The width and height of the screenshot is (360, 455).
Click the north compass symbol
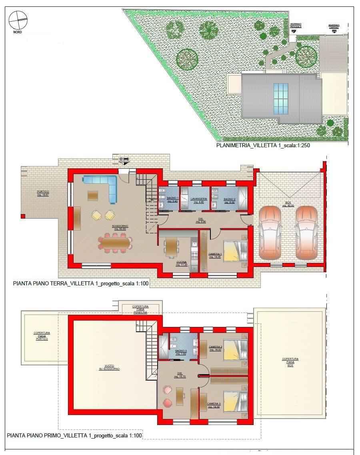(18, 20)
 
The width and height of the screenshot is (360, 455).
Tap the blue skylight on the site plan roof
(280, 98)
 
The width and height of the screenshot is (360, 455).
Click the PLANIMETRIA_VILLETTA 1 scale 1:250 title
(263, 146)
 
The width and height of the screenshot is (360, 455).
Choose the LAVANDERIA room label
(198, 200)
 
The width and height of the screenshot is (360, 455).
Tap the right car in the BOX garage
(306, 233)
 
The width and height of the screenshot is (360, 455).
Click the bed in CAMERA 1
(235, 251)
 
